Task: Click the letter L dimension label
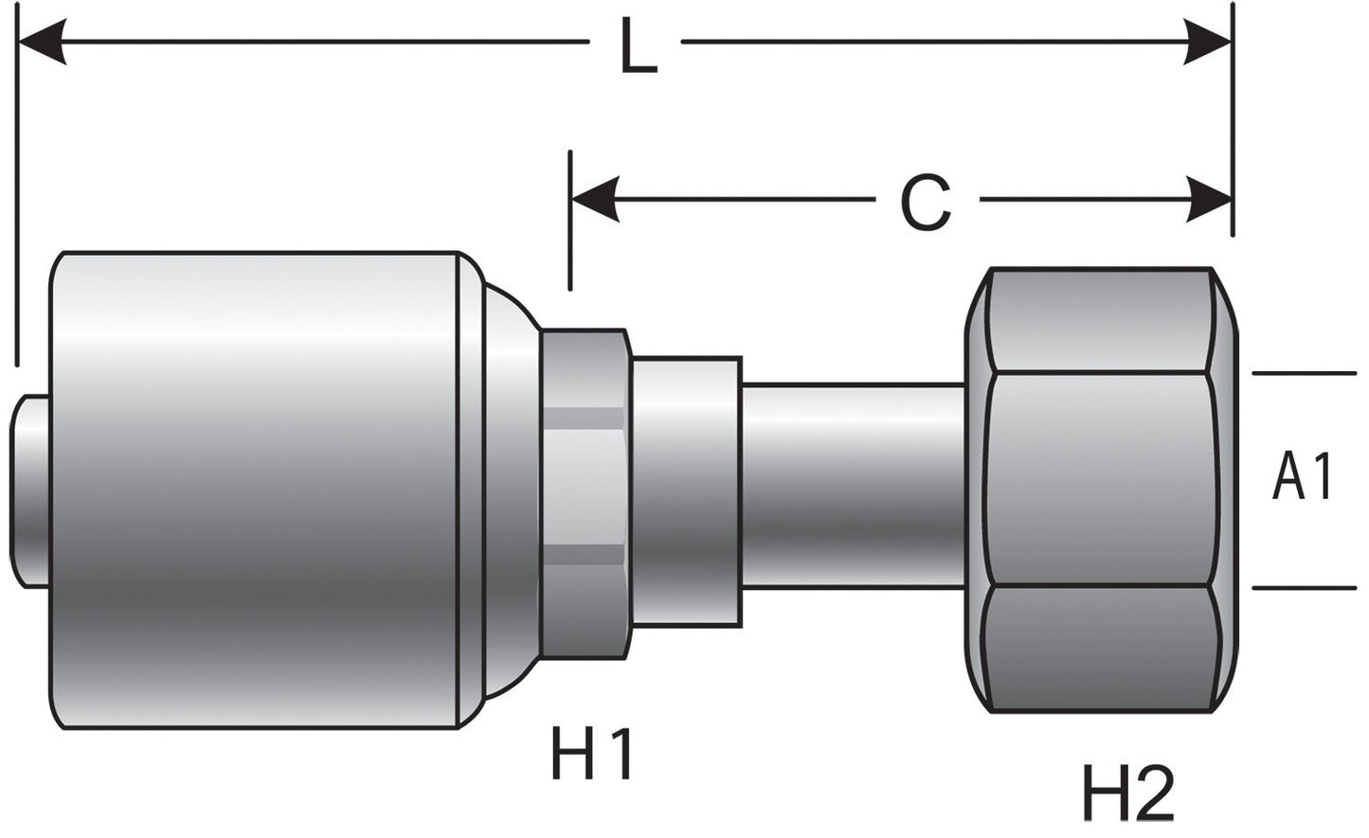[638, 45]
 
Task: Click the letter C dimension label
[926, 203]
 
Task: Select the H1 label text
[590, 752]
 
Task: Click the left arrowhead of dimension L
[42, 42]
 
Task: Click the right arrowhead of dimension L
[1208, 42]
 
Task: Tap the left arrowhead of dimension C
[595, 199]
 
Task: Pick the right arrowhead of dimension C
[1209, 199]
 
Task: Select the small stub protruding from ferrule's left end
[30, 492]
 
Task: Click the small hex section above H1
[585, 494]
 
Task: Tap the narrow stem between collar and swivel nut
[854, 486]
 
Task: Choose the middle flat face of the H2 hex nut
[1100, 479]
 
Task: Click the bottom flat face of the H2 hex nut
[1100, 649]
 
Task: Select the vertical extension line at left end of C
[570, 220]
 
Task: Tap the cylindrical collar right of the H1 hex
[687, 492]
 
